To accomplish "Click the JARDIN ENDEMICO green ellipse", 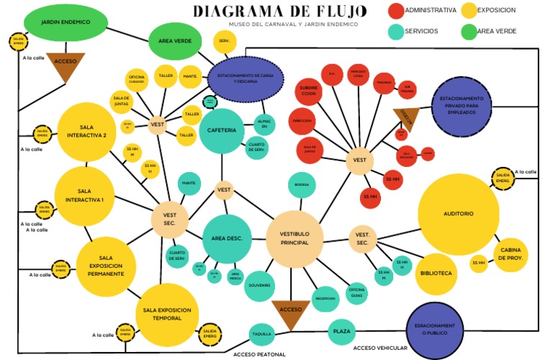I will pos(66,23).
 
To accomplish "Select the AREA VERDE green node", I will pos(175,42).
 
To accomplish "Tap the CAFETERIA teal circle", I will pos(222,130).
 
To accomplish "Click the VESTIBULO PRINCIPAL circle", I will pos(294,239).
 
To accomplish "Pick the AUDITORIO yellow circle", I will pos(459,214).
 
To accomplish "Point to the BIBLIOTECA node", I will pos(436,274).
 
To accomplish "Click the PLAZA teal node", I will pos(341,332).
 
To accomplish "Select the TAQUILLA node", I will pos(262,334).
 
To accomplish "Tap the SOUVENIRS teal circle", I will pos(259,286).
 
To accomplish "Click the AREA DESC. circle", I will pos(227,238).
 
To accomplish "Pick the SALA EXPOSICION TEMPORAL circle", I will pos(167,314).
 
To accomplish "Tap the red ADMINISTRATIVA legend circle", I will pos(395,11).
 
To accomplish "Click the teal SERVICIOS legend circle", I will pos(395,32).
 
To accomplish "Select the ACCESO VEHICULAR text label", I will pos(380,348).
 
